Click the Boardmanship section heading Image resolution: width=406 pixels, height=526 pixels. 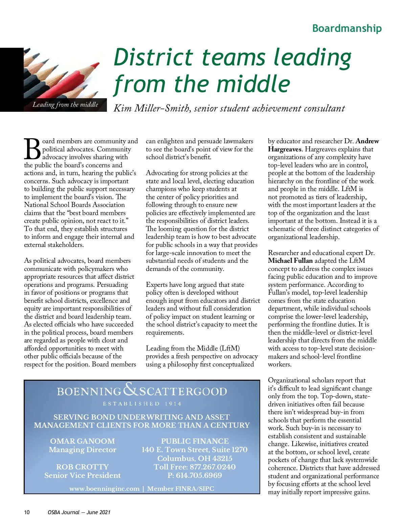347,28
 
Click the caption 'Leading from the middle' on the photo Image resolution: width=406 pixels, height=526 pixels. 65,105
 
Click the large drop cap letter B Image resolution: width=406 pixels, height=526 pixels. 32,149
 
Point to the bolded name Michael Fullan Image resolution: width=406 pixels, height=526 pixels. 290,261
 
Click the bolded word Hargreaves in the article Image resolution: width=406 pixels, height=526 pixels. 284,149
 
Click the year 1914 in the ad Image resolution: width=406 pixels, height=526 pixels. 173,404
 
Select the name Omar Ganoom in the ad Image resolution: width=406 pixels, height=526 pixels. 83,441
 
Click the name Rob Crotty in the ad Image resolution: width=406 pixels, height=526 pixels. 83,467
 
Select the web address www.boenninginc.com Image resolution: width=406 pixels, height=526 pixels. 104,489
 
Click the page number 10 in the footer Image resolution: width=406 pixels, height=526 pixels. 27,512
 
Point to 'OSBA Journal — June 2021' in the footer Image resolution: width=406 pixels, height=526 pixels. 79,512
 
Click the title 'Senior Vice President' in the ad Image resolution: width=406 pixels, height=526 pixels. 83,475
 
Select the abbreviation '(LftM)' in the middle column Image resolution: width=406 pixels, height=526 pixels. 230,348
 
